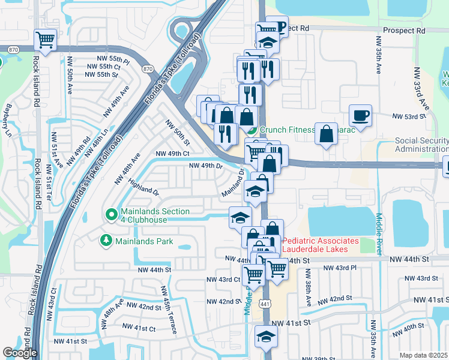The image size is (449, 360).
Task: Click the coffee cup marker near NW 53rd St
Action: [360, 115]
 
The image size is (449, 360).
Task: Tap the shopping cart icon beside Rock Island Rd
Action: [46, 40]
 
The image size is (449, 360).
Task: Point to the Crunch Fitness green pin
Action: [253, 129]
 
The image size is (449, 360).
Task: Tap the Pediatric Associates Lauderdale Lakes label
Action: [321, 245]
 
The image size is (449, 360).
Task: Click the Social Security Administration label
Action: [421, 145]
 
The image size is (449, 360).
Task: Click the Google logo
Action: [20, 353]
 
